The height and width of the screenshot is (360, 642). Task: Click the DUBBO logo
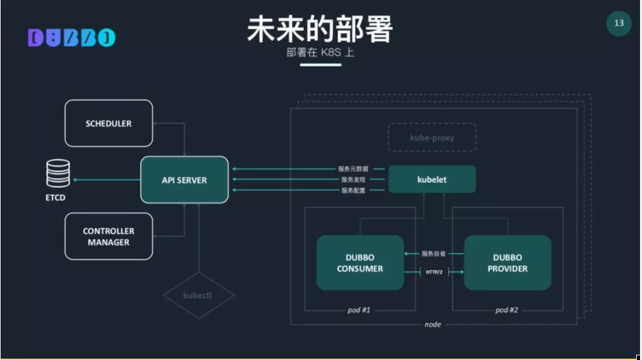click(71, 38)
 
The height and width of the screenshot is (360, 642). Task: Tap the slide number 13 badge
click(618, 24)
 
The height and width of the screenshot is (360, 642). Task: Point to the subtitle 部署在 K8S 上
click(320, 53)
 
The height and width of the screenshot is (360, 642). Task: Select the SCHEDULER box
click(109, 123)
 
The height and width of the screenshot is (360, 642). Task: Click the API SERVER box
click(185, 180)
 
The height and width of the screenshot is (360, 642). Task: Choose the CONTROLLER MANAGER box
click(109, 237)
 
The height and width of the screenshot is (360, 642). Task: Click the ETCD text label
click(57, 198)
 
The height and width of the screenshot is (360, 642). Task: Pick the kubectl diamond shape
click(198, 295)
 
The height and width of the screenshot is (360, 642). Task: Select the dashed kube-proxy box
click(432, 138)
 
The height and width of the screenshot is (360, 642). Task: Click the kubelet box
click(432, 179)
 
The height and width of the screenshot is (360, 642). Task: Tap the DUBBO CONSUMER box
click(360, 262)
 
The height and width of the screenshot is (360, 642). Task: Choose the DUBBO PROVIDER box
click(508, 262)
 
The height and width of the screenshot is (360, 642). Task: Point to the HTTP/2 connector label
click(434, 272)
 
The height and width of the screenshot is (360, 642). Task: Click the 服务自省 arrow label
click(434, 253)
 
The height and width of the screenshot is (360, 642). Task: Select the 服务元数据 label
click(355, 169)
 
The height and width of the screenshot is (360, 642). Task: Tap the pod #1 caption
click(359, 310)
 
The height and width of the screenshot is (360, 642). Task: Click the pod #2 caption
click(507, 310)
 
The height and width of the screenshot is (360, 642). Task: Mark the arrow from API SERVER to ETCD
click(105, 179)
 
